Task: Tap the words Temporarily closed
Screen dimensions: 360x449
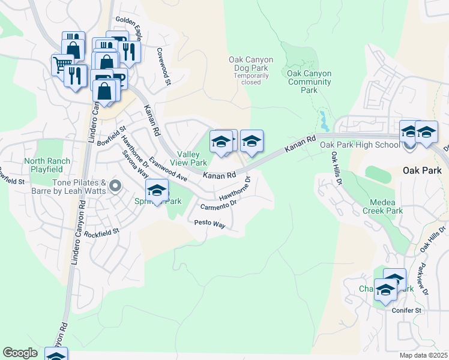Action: pyautogui.click(x=251, y=79)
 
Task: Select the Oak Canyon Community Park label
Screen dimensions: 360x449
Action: pyautogui.click(x=309, y=82)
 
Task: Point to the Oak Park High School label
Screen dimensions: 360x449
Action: pyautogui.click(x=360, y=145)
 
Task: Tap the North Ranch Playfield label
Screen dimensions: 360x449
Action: pyautogui.click(x=47, y=165)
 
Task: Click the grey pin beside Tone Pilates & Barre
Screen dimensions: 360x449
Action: pyautogui.click(x=115, y=186)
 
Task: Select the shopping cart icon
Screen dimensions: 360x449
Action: pyautogui.click(x=62, y=64)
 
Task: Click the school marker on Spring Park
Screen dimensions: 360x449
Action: pyautogui.click(x=157, y=191)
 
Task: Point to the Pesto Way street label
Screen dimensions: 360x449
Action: pyautogui.click(x=209, y=224)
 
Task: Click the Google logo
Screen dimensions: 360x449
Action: pyautogui.click(x=20, y=353)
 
